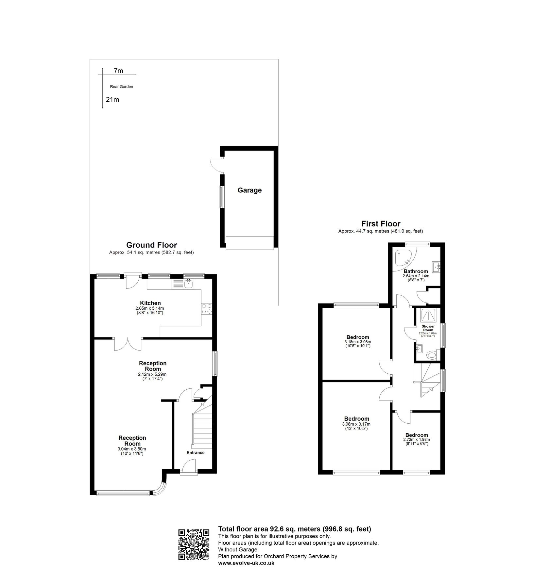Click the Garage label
[x=249, y=190]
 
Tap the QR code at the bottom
[x=194, y=544]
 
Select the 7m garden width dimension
[x=118, y=71]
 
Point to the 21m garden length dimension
[x=112, y=100]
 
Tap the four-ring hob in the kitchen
[x=207, y=309]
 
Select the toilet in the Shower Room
[x=432, y=355]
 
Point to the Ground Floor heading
[x=151, y=245]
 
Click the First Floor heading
[x=381, y=224]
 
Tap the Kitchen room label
[x=150, y=303]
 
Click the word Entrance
[x=196, y=452]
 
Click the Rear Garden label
[x=122, y=87]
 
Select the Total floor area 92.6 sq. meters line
[x=294, y=529]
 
